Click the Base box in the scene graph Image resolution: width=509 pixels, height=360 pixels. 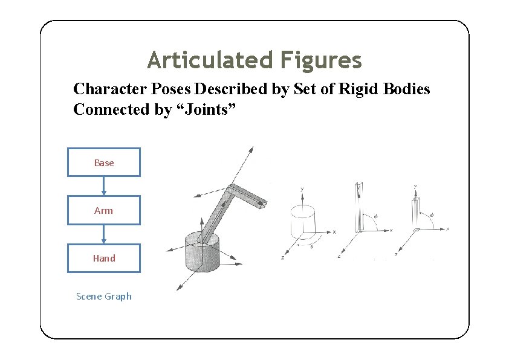(x=103, y=162)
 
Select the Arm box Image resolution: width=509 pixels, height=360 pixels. (x=103, y=210)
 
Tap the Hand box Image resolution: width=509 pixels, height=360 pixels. (x=103, y=258)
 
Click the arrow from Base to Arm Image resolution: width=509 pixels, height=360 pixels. (x=103, y=186)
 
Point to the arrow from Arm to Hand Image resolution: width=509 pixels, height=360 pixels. (x=103, y=234)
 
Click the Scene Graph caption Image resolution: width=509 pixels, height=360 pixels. (x=103, y=296)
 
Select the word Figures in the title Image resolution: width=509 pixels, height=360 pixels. (x=321, y=60)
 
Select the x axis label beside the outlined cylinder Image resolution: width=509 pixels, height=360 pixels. (x=334, y=231)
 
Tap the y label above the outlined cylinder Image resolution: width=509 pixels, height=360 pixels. (x=302, y=189)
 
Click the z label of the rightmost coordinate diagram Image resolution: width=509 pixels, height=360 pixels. (x=395, y=255)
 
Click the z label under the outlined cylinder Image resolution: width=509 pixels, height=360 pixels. (x=283, y=258)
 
